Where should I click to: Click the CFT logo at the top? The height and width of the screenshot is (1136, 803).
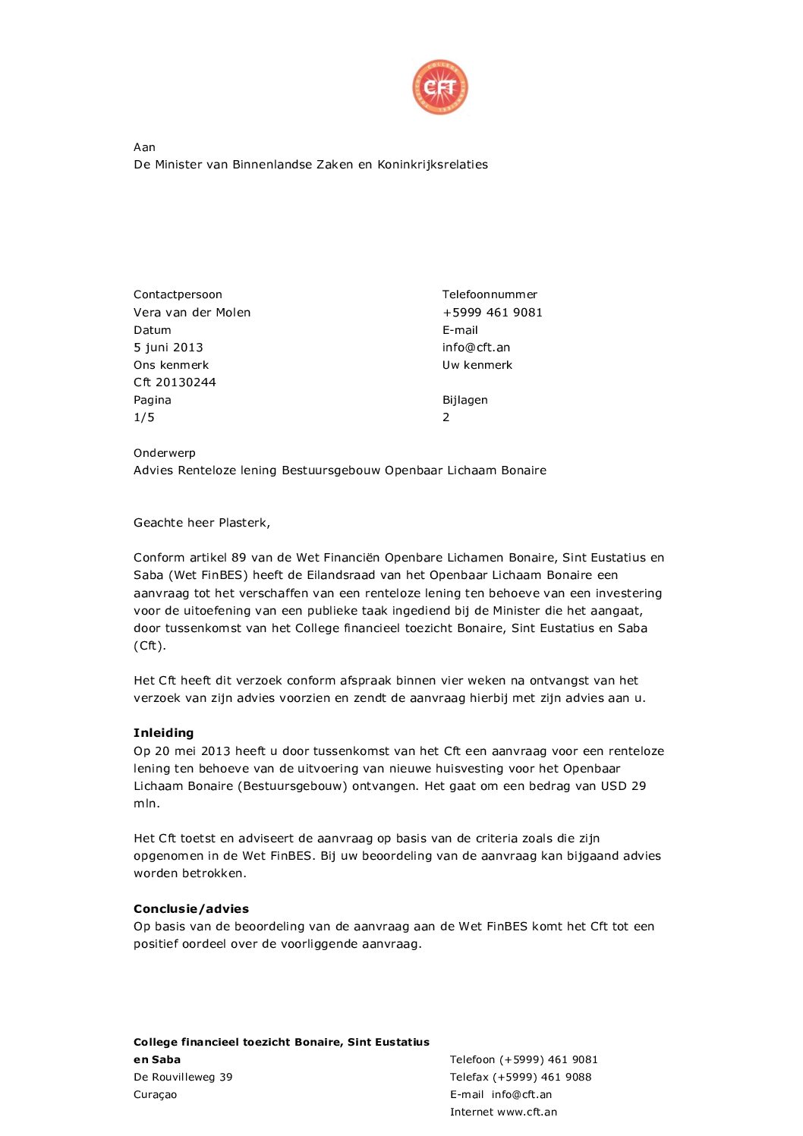[439, 88]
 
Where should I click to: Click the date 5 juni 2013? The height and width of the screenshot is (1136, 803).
[168, 348]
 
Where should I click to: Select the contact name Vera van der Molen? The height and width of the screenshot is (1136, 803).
[191, 313]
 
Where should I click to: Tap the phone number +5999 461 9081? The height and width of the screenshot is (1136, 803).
[492, 313]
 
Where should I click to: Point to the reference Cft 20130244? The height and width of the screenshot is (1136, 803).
[175, 382]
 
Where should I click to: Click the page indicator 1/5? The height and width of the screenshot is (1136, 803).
[143, 417]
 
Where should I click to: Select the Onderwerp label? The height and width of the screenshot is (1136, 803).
[164, 453]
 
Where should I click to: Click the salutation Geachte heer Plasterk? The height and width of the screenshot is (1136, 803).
[201, 523]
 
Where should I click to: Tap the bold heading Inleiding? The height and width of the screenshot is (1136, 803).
[163, 733]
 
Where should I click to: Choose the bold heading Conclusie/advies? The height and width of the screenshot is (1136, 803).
[191, 909]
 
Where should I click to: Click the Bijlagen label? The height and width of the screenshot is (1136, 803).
[464, 400]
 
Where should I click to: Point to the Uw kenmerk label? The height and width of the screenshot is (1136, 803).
[477, 365]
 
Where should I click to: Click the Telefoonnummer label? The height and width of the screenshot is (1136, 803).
[490, 294]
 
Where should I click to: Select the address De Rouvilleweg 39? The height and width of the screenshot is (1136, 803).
[183, 1078]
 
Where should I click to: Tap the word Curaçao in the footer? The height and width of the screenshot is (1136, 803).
[155, 1095]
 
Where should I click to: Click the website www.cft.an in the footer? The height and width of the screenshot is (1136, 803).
[527, 1112]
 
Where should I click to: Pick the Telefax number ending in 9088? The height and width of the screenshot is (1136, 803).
[542, 1078]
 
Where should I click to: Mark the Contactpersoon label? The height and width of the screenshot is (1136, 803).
[178, 294]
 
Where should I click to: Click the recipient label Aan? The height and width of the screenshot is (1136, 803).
[144, 147]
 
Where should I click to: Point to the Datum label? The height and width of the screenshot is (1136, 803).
[152, 330]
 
